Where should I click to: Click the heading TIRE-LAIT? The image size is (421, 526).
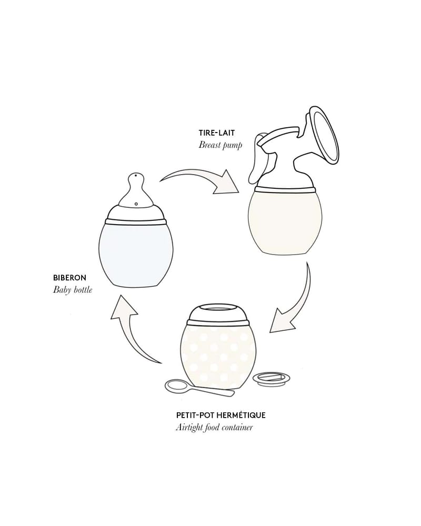click(x=216, y=133)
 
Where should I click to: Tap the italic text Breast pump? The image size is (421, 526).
click(x=220, y=145)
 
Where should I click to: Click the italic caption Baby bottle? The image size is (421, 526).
click(x=72, y=289)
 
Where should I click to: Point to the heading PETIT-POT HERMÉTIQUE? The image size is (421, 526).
click(x=220, y=415)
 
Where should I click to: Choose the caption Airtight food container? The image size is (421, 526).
click(x=214, y=427)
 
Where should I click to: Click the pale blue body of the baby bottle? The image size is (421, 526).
click(x=136, y=252)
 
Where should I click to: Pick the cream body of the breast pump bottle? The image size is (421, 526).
click(x=285, y=221)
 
